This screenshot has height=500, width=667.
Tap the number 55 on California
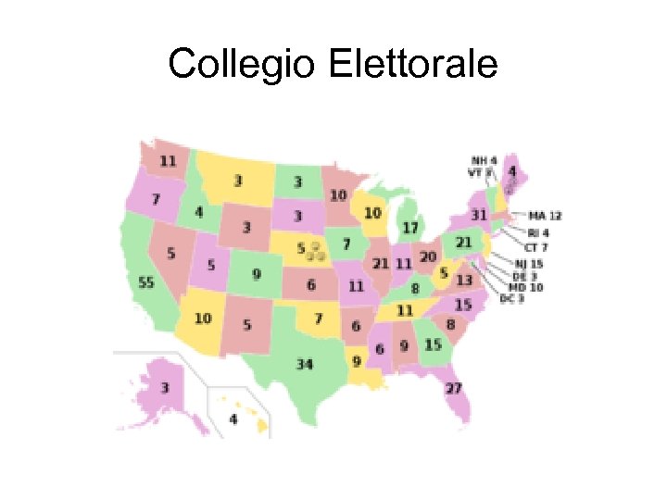146,282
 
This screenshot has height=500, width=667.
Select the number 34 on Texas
305,364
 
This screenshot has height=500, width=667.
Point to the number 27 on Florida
453,387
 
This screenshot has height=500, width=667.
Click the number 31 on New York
479,215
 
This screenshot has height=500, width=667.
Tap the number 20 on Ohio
427,256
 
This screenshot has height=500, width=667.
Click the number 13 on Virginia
464,280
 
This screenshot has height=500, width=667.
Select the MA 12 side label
545,216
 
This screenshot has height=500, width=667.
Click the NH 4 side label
484,160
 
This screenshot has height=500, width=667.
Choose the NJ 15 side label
530,264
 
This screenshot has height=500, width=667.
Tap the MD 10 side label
529,287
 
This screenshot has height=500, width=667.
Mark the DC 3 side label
513,298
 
